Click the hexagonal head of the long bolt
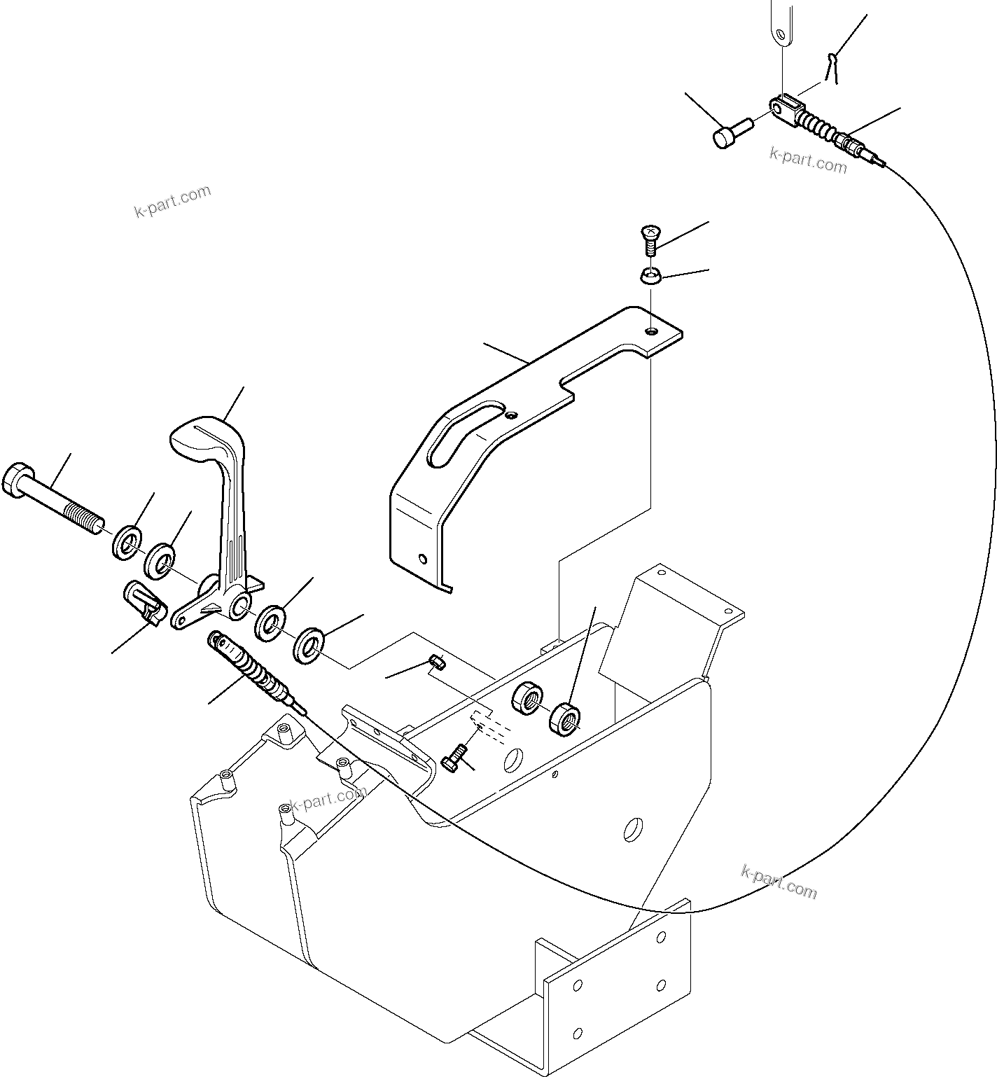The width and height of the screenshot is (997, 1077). [x=15, y=482]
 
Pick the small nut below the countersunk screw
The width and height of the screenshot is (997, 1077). [x=651, y=277]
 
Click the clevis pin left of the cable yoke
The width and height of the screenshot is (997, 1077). [x=731, y=132]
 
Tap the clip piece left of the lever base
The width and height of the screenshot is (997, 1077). [x=145, y=601]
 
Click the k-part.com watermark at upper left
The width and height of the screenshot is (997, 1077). [x=172, y=202]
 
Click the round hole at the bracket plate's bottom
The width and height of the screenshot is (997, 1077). [x=421, y=559]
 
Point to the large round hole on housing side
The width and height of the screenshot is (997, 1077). [x=633, y=829]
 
